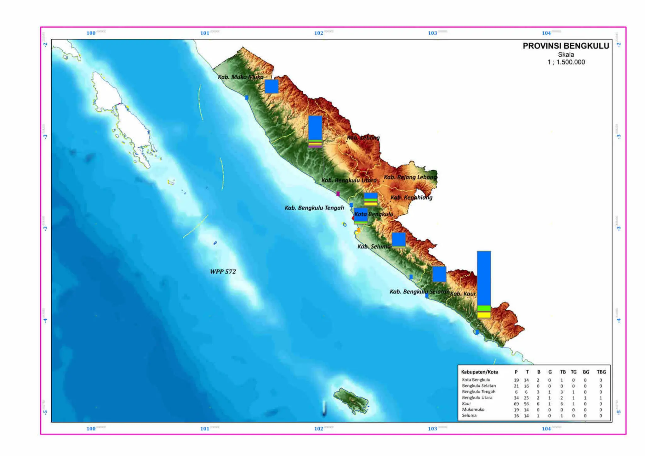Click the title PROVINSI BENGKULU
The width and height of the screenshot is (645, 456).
[566, 46]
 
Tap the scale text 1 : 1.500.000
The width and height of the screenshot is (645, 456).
[566, 62]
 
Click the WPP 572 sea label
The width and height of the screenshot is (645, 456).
[223, 272]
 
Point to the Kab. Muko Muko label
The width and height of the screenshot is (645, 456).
[241, 77]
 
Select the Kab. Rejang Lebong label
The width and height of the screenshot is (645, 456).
[410, 177]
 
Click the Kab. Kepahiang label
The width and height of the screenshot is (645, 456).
[411, 198]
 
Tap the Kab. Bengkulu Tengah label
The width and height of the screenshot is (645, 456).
[314, 208]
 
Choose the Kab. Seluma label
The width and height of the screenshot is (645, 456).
[374, 246]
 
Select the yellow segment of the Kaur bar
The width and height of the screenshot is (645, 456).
[484, 315]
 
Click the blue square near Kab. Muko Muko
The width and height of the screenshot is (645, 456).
[271, 86]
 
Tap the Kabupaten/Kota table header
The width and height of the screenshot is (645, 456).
[479, 372]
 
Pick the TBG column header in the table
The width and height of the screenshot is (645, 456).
[601, 372]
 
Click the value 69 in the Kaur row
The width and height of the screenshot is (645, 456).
[516, 404]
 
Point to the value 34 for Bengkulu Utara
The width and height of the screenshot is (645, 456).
[516, 398]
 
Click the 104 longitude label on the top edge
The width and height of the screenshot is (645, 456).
[546, 33]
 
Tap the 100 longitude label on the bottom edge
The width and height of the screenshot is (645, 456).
[91, 429]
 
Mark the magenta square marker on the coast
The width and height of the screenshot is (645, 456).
[338, 194]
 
